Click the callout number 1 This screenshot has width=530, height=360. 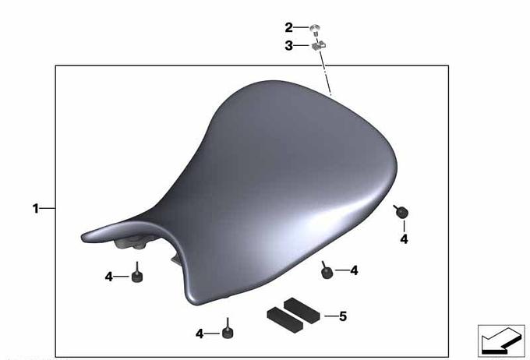click(36, 208)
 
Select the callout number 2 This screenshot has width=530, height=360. click(288, 27)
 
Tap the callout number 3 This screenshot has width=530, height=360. click(288, 45)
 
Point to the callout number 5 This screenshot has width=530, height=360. click(343, 316)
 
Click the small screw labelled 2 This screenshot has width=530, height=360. click(315, 30)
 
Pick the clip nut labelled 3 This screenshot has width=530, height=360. click(319, 45)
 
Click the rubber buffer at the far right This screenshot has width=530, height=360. click(401, 212)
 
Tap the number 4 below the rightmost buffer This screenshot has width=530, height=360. click(404, 239)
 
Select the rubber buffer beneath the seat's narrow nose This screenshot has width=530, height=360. click(136, 275)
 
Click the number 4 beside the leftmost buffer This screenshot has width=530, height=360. click(108, 277)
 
